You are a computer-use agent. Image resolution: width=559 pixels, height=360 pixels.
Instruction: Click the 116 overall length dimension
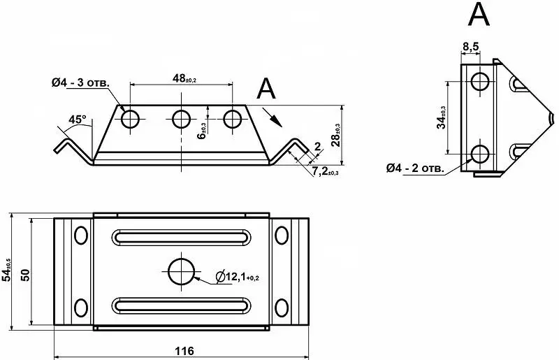(184, 351)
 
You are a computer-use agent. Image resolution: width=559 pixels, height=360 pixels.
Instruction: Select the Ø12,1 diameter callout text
(238, 276)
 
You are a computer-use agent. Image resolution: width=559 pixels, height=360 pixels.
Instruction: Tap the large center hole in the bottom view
(182, 271)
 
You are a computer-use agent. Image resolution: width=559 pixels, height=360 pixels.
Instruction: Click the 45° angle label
(78, 119)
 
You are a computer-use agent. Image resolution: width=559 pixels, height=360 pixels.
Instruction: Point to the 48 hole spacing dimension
(184, 78)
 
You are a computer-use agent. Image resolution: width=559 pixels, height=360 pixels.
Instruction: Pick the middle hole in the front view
(181, 119)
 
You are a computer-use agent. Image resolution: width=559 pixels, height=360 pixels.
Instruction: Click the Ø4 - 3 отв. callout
(80, 82)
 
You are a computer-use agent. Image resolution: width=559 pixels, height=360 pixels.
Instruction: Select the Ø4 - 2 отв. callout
(415, 168)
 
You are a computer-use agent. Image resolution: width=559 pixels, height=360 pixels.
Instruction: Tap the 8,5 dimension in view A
(470, 46)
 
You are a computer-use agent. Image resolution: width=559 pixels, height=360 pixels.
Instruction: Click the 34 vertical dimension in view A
(442, 117)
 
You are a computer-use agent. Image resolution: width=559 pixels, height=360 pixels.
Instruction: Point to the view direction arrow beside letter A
(273, 117)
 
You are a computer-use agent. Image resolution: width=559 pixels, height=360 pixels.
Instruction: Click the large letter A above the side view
(479, 13)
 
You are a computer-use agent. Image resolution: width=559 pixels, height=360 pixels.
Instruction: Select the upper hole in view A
(480, 81)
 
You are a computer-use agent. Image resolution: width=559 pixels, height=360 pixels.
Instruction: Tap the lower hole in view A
(480, 154)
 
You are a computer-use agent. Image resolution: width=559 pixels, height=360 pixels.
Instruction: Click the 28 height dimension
(335, 135)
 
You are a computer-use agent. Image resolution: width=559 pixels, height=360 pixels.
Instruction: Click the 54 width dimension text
(7, 270)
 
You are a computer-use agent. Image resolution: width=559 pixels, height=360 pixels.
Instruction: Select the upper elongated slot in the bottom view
(182, 237)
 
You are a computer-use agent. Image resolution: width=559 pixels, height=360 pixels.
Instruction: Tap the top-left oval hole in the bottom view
(81, 235)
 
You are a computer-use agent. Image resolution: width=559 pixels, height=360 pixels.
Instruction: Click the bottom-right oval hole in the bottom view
(282, 308)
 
